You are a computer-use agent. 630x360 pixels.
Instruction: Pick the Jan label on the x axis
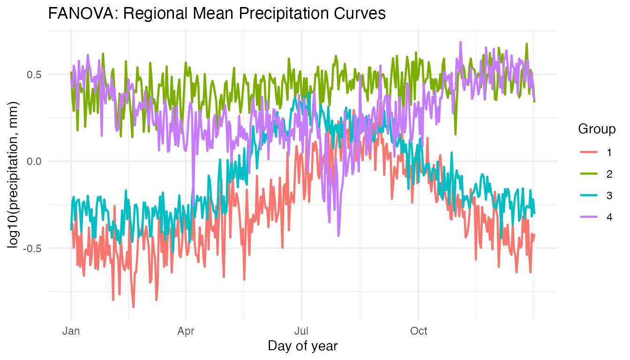pyautogui.click(x=71, y=331)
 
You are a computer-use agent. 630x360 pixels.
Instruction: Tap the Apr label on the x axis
pyautogui.click(x=186, y=331)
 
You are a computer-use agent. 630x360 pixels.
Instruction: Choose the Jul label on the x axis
pyautogui.click(x=301, y=331)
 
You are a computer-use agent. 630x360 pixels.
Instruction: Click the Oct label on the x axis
pyautogui.click(x=419, y=331)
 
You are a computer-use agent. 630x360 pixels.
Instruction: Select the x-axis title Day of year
pyautogui.click(x=302, y=346)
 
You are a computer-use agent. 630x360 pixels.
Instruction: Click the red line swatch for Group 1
pyautogui.click(x=589, y=152)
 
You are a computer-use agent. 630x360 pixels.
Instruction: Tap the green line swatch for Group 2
pyautogui.click(x=589, y=174)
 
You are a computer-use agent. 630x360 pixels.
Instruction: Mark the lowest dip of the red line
pyautogui.click(x=134, y=307)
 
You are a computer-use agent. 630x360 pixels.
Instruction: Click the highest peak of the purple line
pyautogui.click(x=461, y=42)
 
